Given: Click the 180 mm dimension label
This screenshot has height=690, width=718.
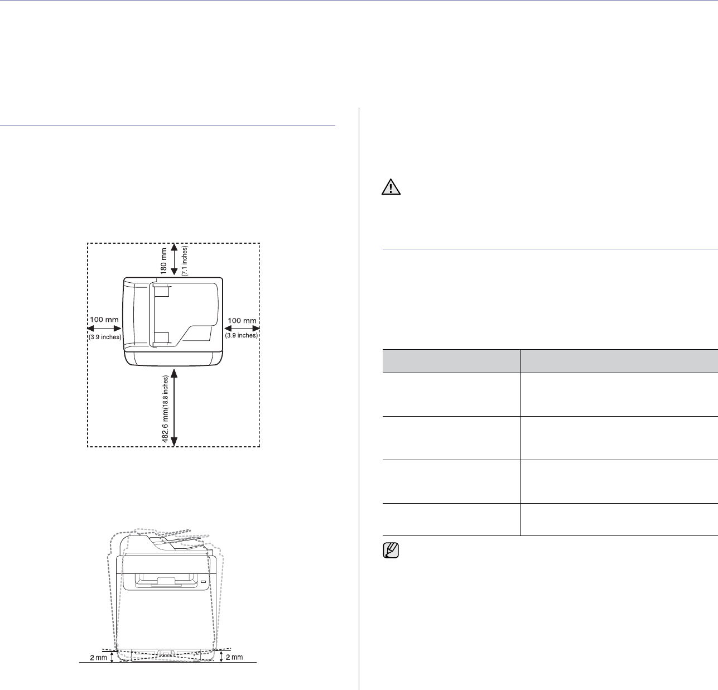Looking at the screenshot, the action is pyautogui.click(x=164, y=260).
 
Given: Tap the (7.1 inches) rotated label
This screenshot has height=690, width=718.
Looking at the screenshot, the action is pyautogui.click(x=185, y=261).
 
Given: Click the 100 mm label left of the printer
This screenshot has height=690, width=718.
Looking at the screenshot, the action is pyautogui.click(x=104, y=320).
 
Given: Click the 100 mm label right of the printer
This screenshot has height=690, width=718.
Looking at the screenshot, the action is pyautogui.click(x=242, y=321).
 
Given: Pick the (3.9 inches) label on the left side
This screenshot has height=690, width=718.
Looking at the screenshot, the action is pyautogui.click(x=105, y=337).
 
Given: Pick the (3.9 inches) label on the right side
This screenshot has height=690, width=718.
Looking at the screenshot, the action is pyautogui.click(x=242, y=335).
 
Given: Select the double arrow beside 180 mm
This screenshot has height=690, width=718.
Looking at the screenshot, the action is pyautogui.click(x=175, y=259).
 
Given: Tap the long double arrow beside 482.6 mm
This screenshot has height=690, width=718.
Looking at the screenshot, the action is pyautogui.click(x=175, y=407).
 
